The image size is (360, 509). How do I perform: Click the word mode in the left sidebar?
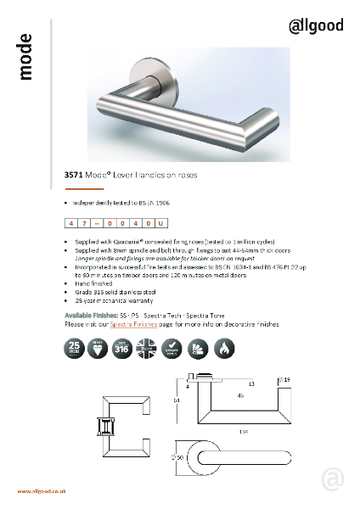pyautogui.click(x=25, y=58)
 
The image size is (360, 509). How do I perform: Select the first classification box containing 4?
pyautogui.click(x=71, y=222)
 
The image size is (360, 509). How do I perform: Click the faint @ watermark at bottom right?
pyautogui.click(x=333, y=479)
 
